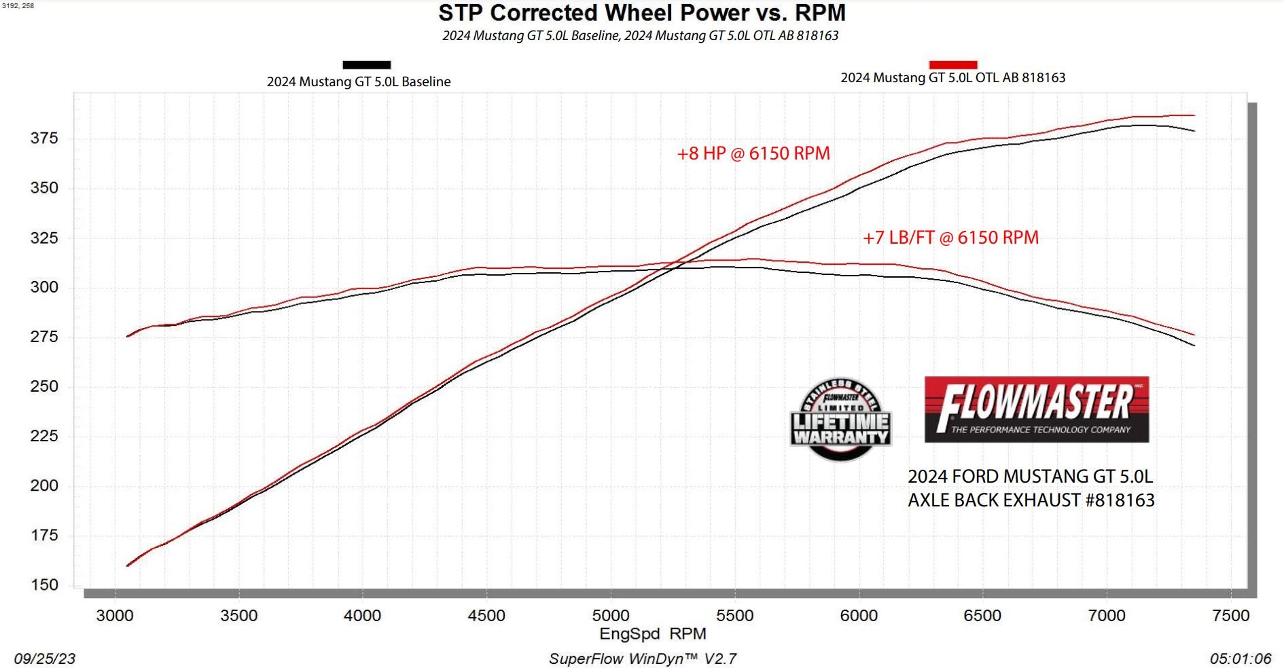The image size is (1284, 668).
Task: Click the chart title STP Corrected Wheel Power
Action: [x=641, y=13]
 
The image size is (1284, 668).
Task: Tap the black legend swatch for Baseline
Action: [x=366, y=65]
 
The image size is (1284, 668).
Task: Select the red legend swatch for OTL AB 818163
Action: [x=952, y=64]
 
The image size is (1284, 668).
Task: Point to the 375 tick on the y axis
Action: [x=44, y=138]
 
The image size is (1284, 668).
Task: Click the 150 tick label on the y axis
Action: [x=44, y=585]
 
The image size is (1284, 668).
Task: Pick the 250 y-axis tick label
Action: [x=44, y=386]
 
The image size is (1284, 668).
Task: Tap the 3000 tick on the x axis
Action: [x=115, y=616]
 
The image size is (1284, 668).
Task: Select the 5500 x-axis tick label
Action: [x=735, y=616]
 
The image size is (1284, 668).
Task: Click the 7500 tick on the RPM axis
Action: [x=1230, y=616]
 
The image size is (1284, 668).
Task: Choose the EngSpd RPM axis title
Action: [x=652, y=634]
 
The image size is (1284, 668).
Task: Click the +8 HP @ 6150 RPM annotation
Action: [x=753, y=153]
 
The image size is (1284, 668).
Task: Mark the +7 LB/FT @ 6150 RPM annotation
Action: [x=950, y=238]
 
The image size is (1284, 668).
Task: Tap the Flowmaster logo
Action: [x=1036, y=409]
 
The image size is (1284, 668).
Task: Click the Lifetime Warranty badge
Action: [x=840, y=420]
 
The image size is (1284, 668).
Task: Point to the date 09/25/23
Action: [x=45, y=658]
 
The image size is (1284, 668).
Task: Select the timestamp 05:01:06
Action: [x=1240, y=658]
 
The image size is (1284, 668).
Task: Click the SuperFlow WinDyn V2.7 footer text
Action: [x=642, y=658]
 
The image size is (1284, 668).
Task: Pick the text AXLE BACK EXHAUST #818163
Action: [x=1031, y=500]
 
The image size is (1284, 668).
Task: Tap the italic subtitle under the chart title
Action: [x=640, y=35]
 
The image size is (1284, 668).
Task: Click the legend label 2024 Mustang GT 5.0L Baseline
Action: [x=359, y=81]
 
